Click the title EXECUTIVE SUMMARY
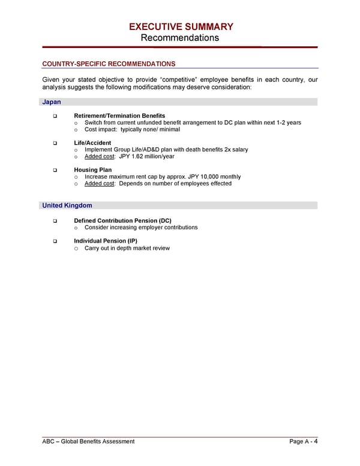pyautogui.click(x=181, y=26)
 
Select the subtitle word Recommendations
pyautogui.click(x=180, y=38)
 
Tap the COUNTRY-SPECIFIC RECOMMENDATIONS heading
pyautogui.click(x=109, y=64)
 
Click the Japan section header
pyautogui.click(x=52, y=102)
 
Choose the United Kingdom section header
pyautogui.click(x=67, y=205)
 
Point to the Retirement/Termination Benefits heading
pyautogui.click(x=119, y=115)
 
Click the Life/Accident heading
pyautogui.click(x=92, y=143)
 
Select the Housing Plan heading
pyautogui.click(x=93, y=170)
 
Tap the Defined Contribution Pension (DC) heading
pyautogui.click(x=122, y=221)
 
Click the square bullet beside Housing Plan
pyautogui.click(x=55, y=170)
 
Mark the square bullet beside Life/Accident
pyautogui.click(x=55, y=143)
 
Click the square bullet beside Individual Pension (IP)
pyautogui.click(x=55, y=241)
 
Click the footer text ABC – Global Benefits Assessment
pyautogui.click(x=88, y=442)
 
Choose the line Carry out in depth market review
pyautogui.click(x=127, y=248)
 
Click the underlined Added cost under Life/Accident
pyautogui.click(x=100, y=156)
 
